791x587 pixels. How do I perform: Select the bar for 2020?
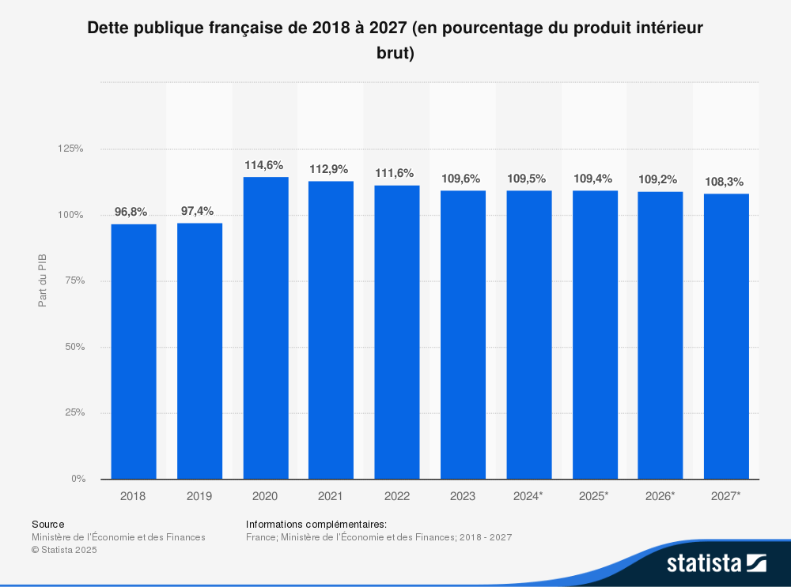point(265,328)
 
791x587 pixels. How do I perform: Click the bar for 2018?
point(134,352)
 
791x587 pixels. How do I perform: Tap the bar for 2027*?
point(725,336)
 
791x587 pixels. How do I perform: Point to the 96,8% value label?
point(131,212)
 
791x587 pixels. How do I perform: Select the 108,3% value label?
point(725,182)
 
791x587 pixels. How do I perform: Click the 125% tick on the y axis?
point(72,149)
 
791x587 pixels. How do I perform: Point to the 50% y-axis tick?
point(74,347)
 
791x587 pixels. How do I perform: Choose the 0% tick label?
point(78,479)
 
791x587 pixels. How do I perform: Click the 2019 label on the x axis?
point(199,496)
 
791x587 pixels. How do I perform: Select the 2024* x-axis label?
point(528,496)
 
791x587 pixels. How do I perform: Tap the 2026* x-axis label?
point(660,496)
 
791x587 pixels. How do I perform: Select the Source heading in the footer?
point(48,524)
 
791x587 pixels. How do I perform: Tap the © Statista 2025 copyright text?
point(64,550)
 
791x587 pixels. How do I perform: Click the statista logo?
point(716,563)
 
